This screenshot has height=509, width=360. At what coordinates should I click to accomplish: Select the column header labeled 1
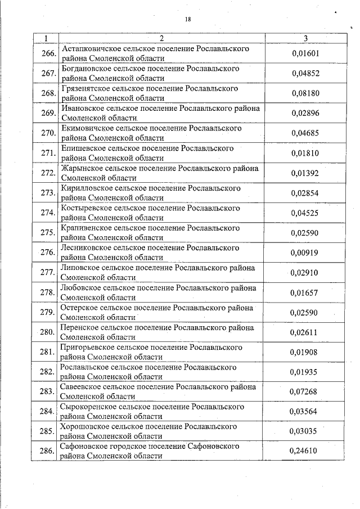[44, 38]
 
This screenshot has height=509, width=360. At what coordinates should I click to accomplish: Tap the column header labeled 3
[305, 38]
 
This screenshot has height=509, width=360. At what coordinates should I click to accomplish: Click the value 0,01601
[305, 53]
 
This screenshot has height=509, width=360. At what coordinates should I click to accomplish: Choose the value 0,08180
[305, 93]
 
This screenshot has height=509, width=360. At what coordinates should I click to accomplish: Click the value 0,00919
[304, 253]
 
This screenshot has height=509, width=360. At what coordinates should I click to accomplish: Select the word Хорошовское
[85, 426]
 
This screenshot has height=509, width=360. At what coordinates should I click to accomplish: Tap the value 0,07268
[304, 391]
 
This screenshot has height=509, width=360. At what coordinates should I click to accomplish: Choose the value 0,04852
[305, 73]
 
